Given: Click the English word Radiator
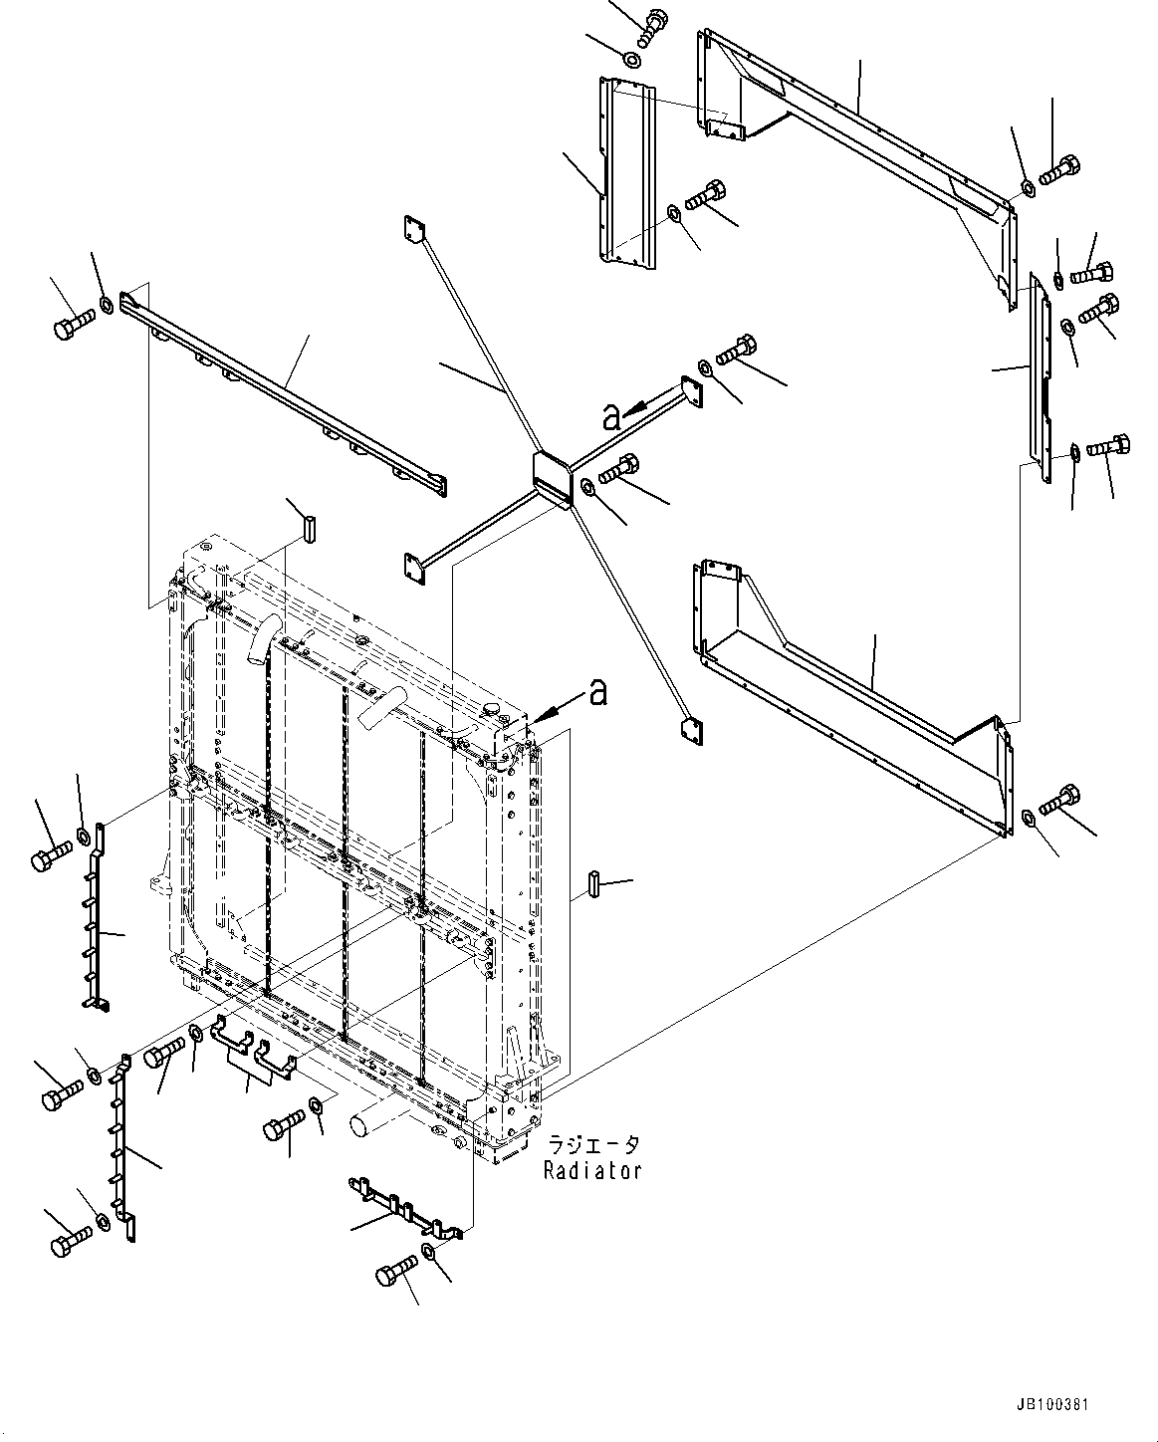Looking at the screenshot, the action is coord(592,1170).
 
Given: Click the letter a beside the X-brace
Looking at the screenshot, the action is coord(611,417).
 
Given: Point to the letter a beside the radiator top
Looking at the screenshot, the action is coord(597,692).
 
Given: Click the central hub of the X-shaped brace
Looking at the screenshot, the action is coord(551,478).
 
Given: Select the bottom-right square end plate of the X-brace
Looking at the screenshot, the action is coord(692,731).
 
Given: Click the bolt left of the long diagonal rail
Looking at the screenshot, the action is coord(73,325).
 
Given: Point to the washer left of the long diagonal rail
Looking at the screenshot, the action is coord(107,304).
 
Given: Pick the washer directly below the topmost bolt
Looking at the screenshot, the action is coord(631,59).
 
